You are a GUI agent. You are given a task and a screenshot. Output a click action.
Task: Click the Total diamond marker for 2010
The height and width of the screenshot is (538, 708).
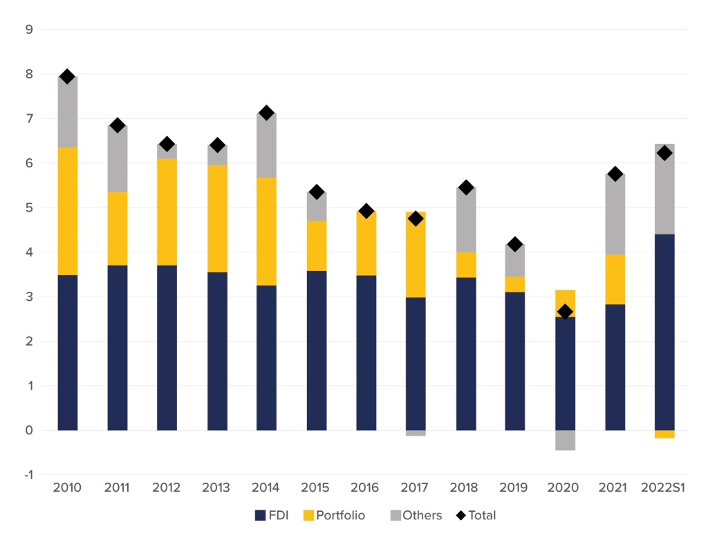tap(67, 76)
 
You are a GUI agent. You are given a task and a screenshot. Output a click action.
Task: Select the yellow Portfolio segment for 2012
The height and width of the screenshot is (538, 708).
tap(167, 212)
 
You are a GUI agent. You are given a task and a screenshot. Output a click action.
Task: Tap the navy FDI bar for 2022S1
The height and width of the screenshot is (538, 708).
tap(664, 332)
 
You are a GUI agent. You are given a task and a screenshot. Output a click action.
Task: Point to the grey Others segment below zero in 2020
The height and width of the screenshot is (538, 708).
tap(565, 440)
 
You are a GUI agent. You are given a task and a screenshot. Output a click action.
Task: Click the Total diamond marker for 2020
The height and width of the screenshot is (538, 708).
tap(565, 312)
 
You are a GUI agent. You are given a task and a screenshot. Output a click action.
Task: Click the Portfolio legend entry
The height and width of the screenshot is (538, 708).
tap(335, 515)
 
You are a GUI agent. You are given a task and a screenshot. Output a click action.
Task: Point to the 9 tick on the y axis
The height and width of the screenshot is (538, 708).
tap(29, 30)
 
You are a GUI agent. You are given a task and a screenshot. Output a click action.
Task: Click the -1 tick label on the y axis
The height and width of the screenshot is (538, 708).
tap(28, 475)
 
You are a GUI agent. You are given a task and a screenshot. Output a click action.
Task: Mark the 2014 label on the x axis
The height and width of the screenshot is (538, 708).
tap(265, 488)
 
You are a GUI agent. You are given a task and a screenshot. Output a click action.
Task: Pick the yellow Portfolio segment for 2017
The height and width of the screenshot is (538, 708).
tap(416, 254)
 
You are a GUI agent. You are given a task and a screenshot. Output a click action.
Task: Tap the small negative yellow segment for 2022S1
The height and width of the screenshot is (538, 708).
tap(664, 434)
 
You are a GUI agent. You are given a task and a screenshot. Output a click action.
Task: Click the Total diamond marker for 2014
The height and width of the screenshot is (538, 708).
tap(266, 113)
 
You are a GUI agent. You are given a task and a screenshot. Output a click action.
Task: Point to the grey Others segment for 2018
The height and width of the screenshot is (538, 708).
tap(465, 220)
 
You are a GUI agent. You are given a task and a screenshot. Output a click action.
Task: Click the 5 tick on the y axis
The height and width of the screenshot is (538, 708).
tap(29, 208)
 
